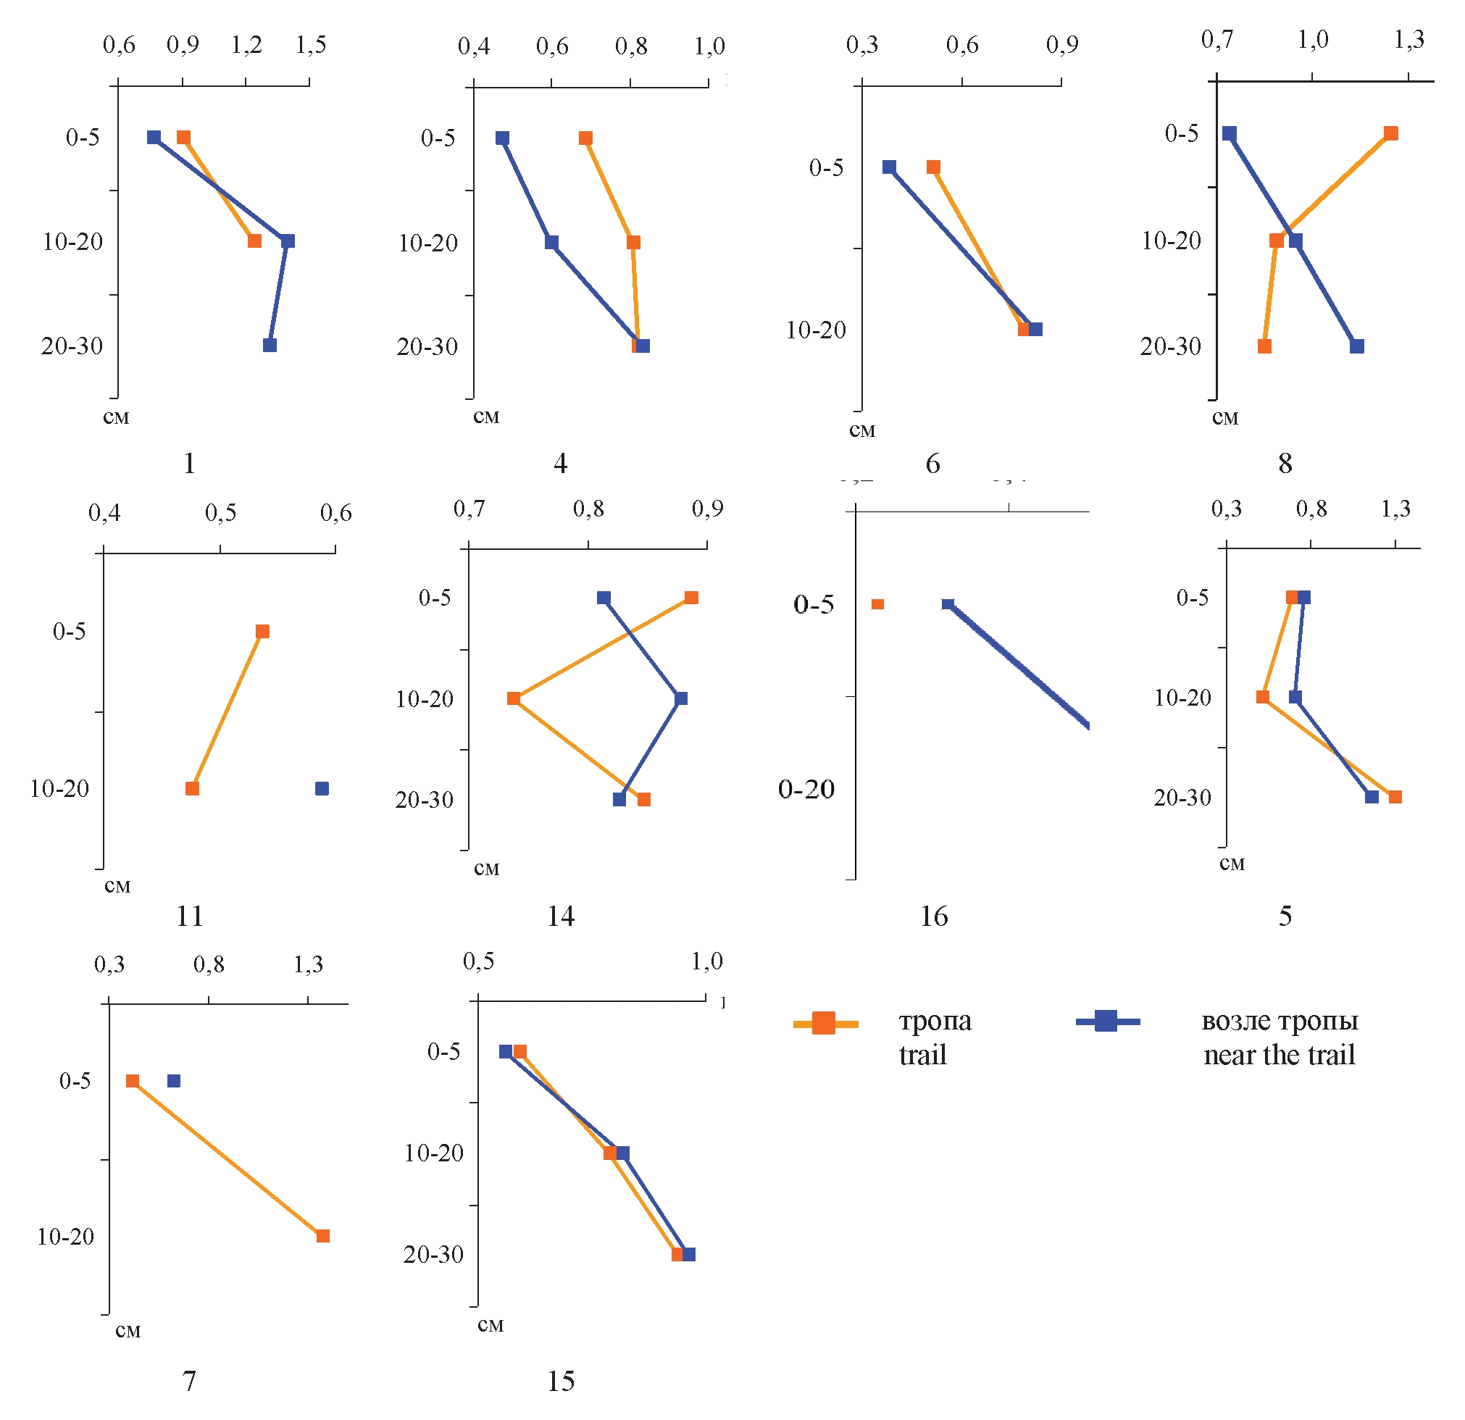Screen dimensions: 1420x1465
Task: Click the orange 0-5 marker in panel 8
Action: (x=1390, y=134)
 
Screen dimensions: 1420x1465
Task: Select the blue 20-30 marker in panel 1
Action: (x=270, y=346)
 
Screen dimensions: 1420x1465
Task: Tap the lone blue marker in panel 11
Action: (x=322, y=788)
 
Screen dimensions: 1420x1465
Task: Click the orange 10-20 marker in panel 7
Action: (x=323, y=1236)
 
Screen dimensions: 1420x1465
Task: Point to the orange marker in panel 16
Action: (x=877, y=604)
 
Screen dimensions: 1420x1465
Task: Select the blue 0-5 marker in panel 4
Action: (x=502, y=138)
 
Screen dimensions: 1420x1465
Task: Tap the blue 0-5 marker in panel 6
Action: (x=889, y=167)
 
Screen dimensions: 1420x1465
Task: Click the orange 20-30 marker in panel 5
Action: (x=1395, y=797)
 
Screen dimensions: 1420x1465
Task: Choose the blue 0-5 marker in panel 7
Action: (x=174, y=1081)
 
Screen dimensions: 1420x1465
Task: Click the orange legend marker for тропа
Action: (x=824, y=1022)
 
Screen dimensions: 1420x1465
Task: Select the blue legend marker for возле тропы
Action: (x=1106, y=1021)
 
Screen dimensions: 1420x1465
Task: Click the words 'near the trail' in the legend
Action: (x=1279, y=1056)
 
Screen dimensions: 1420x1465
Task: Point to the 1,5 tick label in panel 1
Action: (x=310, y=46)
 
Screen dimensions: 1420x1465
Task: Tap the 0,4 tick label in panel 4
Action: (x=473, y=47)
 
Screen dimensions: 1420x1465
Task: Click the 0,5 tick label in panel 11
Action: (x=220, y=514)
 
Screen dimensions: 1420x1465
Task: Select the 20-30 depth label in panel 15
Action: (x=433, y=1254)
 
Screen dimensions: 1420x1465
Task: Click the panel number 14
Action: (x=561, y=916)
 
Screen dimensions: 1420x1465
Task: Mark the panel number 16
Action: (x=934, y=916)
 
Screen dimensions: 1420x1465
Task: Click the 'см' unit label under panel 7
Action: (x=128, y=1330)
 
